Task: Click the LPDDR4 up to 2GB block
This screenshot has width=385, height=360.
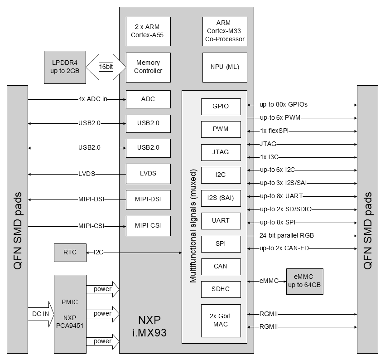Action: [x=65, y=67]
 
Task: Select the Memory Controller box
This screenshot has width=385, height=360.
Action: [x=148, y=67]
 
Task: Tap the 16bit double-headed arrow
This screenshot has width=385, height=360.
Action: [x=106, y=67]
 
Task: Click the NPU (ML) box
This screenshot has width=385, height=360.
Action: [x=225, y=67]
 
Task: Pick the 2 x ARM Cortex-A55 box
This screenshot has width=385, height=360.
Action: [x=148, y=31]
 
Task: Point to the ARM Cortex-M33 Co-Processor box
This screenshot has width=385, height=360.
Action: [x=225, y=31]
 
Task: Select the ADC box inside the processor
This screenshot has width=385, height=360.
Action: [x=148, y=99]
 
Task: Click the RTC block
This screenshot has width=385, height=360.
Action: [x=70, y=253]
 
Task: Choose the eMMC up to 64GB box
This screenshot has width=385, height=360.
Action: [x=305, y=281]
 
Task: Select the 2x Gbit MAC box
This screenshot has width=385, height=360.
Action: [x=221, y=321]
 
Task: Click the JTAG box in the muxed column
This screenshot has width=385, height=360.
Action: [x=221, y=152]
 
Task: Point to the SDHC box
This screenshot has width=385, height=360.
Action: [x=221, y=289]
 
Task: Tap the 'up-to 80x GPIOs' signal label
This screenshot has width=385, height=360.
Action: [x=284, y=105]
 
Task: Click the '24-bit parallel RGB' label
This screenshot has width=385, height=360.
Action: [x=287, y=236]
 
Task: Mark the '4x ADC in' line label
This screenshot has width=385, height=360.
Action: [x=92, y=99]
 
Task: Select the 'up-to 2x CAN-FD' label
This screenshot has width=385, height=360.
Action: [x=284, y=248]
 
